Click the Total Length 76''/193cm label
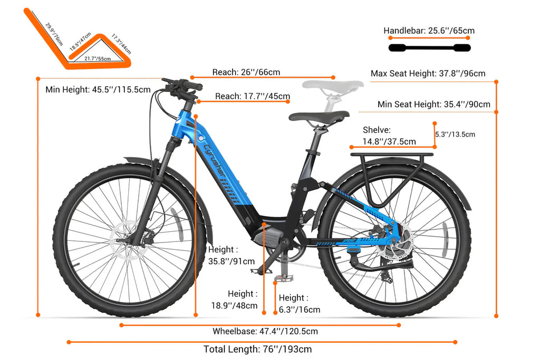(257, 349)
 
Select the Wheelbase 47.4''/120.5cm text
(265, 332)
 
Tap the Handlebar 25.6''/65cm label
(429, 31)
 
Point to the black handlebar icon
(429, 48)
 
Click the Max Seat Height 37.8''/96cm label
(428, 73)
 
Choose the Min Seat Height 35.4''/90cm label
(434, 104)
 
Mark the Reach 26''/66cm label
(246, 72)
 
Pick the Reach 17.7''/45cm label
(253, 96)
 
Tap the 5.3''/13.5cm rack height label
(455, 134)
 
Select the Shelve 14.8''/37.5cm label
(389, 135)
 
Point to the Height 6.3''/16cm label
(300, 304)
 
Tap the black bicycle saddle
(319, 116)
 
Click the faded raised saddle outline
(333, 85)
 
